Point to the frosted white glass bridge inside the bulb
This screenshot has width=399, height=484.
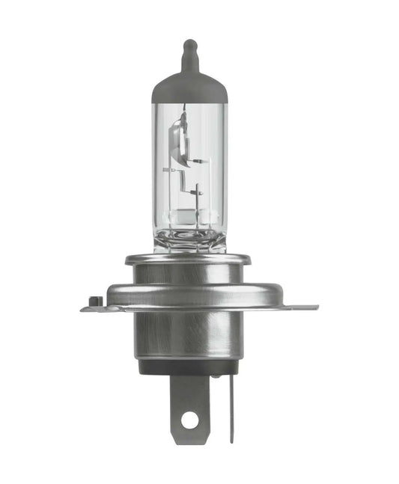pyautogui.click(x=189, y=217)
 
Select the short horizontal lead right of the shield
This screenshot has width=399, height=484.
pyautogui.click(x=198, y=161)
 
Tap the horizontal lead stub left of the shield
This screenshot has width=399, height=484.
pyautogui.click(x=170, y=171)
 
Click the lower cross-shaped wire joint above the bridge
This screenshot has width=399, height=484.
pyautogui.click(x=196, y=193)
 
